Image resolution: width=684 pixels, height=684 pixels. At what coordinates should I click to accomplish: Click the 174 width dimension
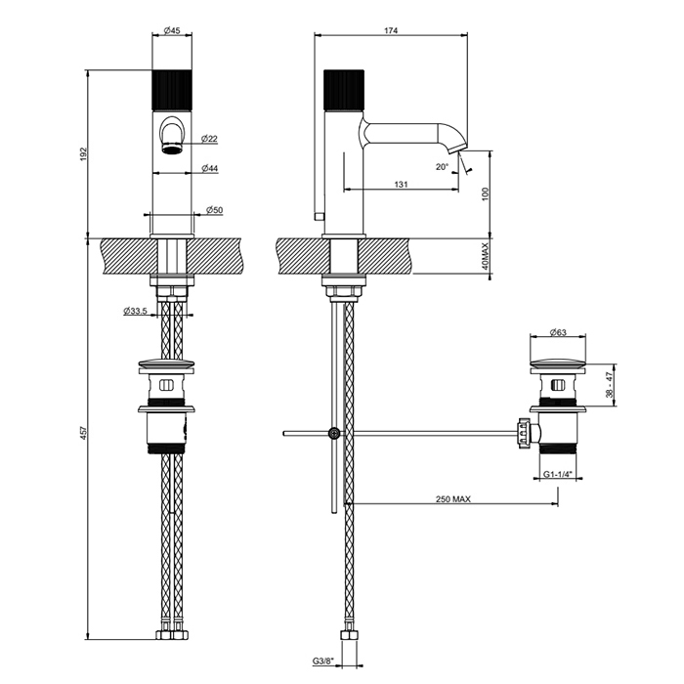(x=391, y=31)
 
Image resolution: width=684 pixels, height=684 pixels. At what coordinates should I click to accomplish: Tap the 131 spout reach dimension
(x=401, y=184)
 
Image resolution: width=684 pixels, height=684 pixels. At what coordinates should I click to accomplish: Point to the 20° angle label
(x=443, y=167)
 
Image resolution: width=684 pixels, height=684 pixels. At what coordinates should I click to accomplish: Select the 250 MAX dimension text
(x=453, y=498)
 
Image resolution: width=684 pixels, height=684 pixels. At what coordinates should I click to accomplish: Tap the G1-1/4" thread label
(x=558, y=477)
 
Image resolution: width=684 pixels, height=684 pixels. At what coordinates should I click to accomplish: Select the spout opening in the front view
(x=172, y=148)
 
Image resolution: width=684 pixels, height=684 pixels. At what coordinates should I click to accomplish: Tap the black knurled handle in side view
(x=342, y=91)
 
